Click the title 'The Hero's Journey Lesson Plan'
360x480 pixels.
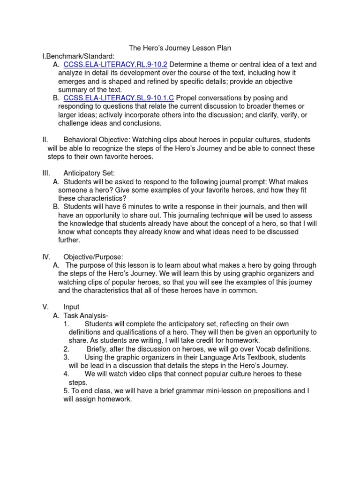(180, 48)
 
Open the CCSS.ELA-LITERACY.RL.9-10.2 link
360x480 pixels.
(115, 65)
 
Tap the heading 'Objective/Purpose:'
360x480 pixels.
(93, 256)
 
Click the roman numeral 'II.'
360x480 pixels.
(45, 140)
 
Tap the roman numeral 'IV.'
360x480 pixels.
(46, 256)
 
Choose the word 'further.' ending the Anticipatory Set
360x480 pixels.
(69, 240)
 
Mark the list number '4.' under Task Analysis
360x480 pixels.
(66, 374)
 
